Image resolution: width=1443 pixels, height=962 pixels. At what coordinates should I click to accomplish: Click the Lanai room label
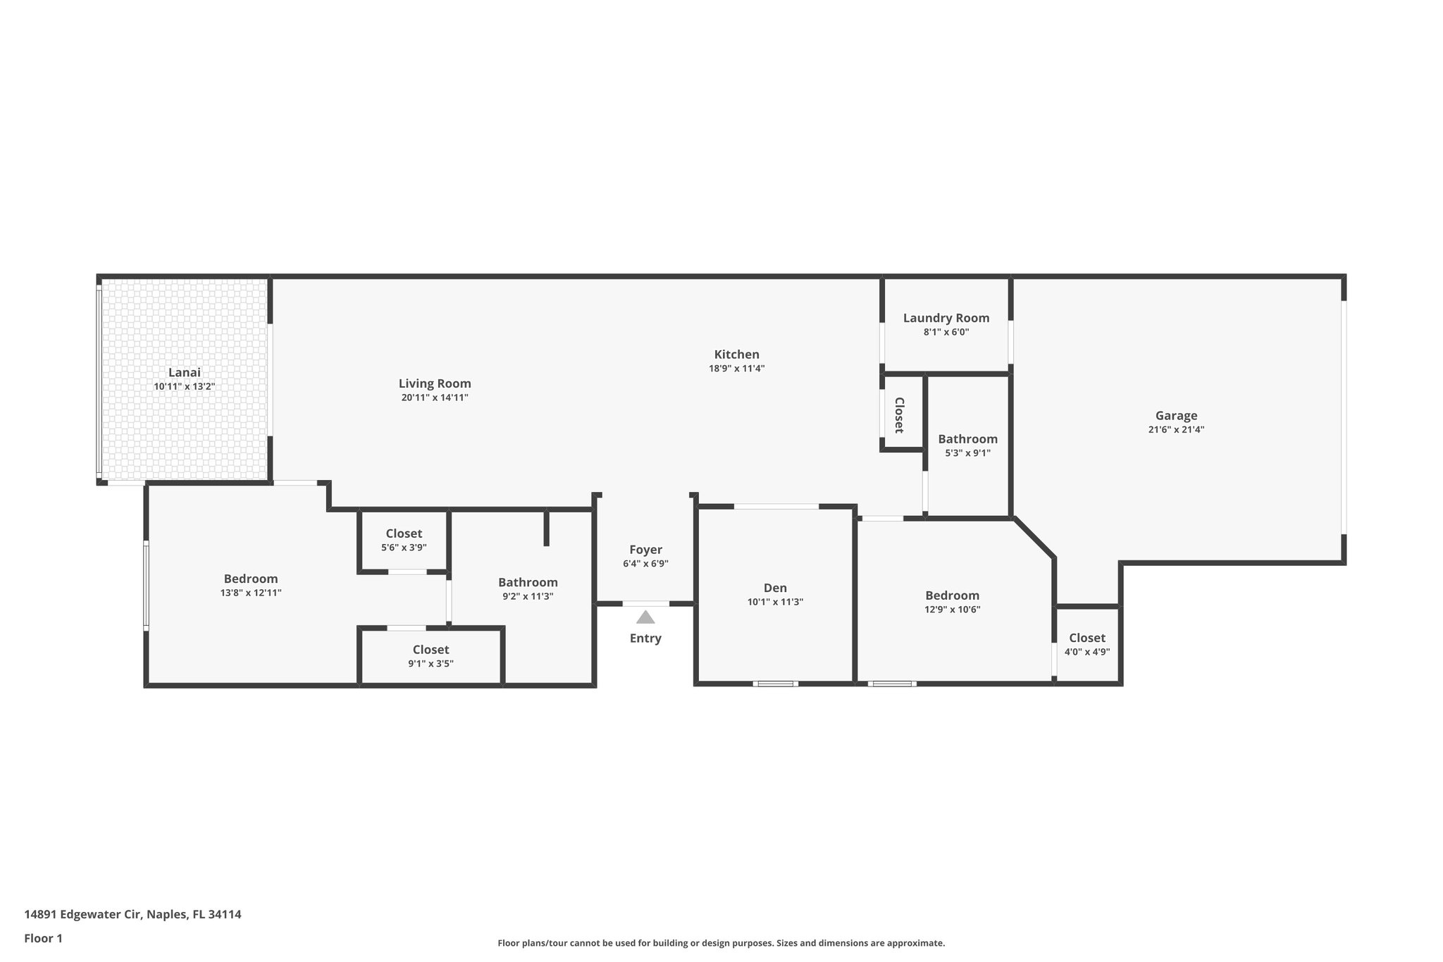(x=184, y=373)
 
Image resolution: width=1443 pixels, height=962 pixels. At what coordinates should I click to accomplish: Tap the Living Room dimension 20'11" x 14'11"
(x=435, y=398)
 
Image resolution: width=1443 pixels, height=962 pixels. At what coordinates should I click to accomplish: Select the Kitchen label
(x=736, y=354)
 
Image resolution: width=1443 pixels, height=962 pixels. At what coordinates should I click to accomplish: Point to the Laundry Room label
(x=946, y=318)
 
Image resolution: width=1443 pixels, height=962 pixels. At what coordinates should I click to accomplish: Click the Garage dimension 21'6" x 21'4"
(x=1176, y=430)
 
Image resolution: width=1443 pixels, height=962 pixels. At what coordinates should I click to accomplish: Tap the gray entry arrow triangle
(x=645, y=618)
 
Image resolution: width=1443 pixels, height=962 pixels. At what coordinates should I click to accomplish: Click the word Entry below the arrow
(x=645, y=639)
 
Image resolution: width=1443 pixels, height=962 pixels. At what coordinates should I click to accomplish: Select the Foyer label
(x=645, y=550)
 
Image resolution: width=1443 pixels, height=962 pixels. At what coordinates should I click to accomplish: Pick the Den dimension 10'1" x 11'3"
(x=775, y=603)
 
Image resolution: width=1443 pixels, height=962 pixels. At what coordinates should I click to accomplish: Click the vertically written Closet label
(x=899, y=415)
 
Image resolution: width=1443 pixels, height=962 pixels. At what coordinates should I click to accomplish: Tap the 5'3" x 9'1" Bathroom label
(x=967, y=439)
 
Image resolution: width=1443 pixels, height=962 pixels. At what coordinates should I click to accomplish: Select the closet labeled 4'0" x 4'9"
(x=1086, y=638)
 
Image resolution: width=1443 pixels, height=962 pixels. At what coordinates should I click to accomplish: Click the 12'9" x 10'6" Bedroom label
(x=952, y=596)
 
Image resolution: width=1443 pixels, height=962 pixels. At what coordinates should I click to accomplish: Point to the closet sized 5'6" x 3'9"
(x=404, y=534)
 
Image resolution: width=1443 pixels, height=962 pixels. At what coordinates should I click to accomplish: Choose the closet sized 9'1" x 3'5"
(x=431, y=650)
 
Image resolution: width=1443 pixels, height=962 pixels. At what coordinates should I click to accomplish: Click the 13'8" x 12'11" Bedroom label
(x=251, y=579)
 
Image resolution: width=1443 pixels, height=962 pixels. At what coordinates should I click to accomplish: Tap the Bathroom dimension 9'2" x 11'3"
(x=528, y=596)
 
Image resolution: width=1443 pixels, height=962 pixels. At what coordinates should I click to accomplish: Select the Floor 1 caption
(x=43, y=938)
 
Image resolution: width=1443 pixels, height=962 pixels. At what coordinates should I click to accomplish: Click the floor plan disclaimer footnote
(x=721, y=943)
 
